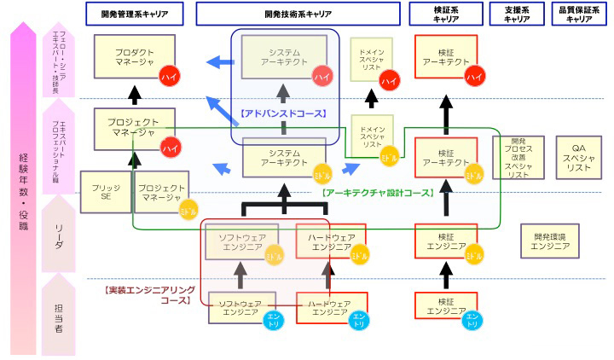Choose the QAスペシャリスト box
click(577, 157)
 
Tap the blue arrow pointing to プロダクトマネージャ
click(221, 61)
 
